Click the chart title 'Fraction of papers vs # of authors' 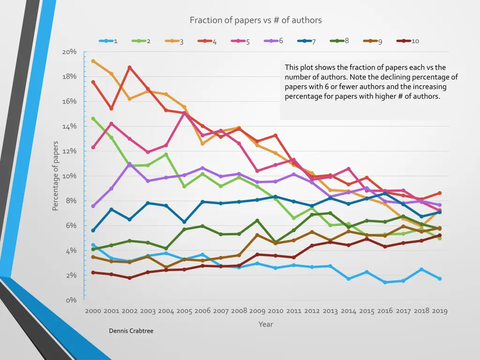[x=255, y=20]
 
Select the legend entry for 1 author [x=108, y=41]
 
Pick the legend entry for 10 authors [x=408, y=41]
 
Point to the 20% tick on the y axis [x=69, y=52]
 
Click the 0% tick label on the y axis [x=71, y=300]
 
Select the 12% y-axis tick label [x=69, y=151]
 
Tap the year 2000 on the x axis [x=93, y=311]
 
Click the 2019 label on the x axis [x=440, y=311]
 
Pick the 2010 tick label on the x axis [x=276, y=311]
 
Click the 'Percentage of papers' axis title [x=55, y=176]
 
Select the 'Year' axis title [x=265, y=324]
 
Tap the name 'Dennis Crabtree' [x=131, y=331]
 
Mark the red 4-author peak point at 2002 [x=129, y=67]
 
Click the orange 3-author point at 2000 [x=93, y=61]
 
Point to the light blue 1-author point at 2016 [x=385, y=282]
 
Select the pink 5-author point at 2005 [x=184, y=113]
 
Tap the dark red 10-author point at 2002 [x=129, y=278]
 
